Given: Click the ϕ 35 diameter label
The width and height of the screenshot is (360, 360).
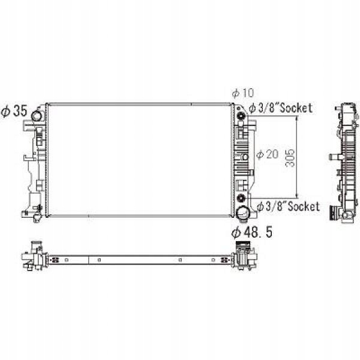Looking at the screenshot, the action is click(x=14, y=111).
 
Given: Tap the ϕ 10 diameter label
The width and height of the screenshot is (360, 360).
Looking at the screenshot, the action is click(x=243, y=93).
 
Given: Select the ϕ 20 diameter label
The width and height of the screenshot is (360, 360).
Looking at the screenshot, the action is click(x=268, y=154).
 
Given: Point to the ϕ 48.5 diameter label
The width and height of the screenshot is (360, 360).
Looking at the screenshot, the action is click(x=252, y=232).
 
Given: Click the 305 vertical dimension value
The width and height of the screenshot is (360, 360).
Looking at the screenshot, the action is click(x=290, y=158).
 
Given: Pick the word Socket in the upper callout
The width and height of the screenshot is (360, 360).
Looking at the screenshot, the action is click(x=296, y=108).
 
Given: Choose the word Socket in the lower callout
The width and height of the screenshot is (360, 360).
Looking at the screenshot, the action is click(x=304, y=206).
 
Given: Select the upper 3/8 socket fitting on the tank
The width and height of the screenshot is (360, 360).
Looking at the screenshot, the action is click(x=241, y=116).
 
